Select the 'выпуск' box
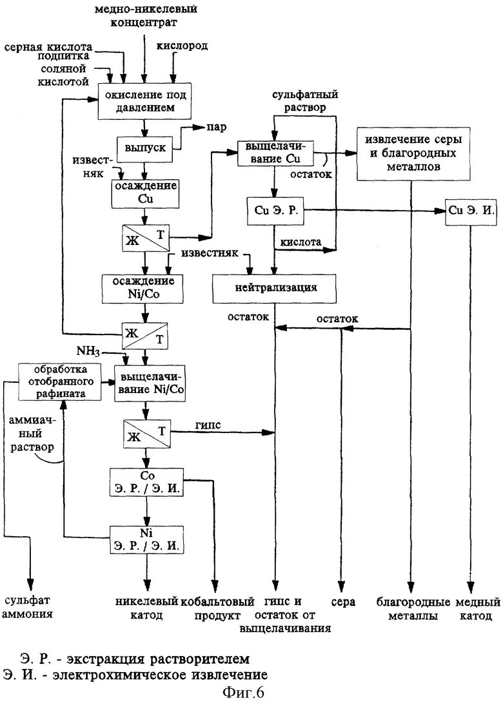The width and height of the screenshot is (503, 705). [x=144, y=148]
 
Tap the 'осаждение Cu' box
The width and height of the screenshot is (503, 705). [x=144, y=193]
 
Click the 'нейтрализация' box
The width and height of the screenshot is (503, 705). [x=275, y=287]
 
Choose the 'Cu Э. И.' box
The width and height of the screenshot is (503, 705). [x=471, y=211]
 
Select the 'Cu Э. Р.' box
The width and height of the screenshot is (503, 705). [x=275, y=211]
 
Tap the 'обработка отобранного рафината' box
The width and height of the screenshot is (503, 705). [x=61, y=381]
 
